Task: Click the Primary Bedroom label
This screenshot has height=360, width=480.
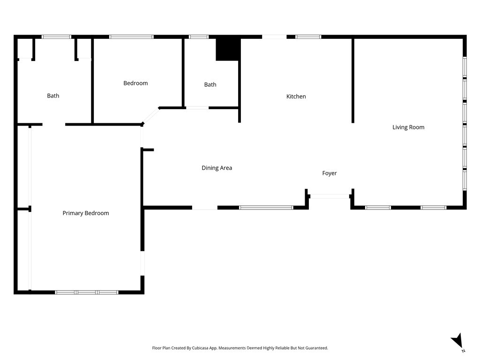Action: (x=86, y=213)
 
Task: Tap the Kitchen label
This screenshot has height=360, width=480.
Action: (x=296, y=97)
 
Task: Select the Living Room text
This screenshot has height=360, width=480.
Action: (x=408, y=127)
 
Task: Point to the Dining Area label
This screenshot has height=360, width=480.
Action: (x=217, y=168)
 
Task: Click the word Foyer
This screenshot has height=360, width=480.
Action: (x=330, y=173)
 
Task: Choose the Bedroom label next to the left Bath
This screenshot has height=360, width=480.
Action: (x=135, y=83)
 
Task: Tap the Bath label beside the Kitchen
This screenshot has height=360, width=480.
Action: (x=210, y=85)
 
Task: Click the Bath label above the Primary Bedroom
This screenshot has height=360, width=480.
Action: (x=53, y=96)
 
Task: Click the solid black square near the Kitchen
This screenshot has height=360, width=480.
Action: (x=228, y=49)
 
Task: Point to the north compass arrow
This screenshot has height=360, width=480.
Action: (x=457, y=340)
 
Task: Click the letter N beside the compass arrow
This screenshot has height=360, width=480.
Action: (x=463, y=351)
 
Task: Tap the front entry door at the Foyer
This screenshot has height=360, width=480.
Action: (x=330, y=196)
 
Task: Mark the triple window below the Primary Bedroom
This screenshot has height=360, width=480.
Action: (x=87, y=292)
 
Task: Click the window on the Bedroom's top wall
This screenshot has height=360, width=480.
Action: (x=131, y=37)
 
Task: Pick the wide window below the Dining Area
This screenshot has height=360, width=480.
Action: (x=266, y=207)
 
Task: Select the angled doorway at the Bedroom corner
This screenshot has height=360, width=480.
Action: (x=150, y=116)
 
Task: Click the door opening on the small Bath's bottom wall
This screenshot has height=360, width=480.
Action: (x=197, y=108)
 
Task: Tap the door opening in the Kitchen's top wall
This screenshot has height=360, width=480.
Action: (x=274, y=37)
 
